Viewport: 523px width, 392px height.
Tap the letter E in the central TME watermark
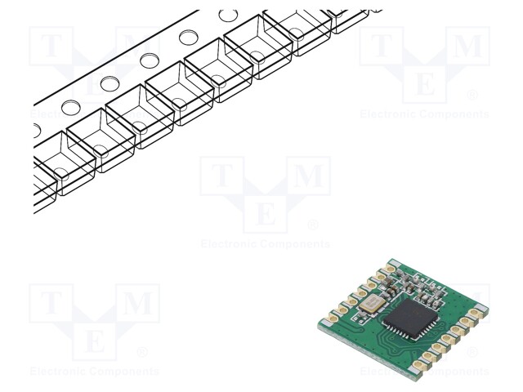pos(265,215)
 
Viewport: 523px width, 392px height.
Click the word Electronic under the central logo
pos(230,244)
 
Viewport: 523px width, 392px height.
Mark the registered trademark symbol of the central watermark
pos(312,225)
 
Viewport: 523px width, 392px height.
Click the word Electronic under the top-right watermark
pos(390,114)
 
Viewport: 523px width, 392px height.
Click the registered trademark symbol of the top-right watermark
pos(472,95)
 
